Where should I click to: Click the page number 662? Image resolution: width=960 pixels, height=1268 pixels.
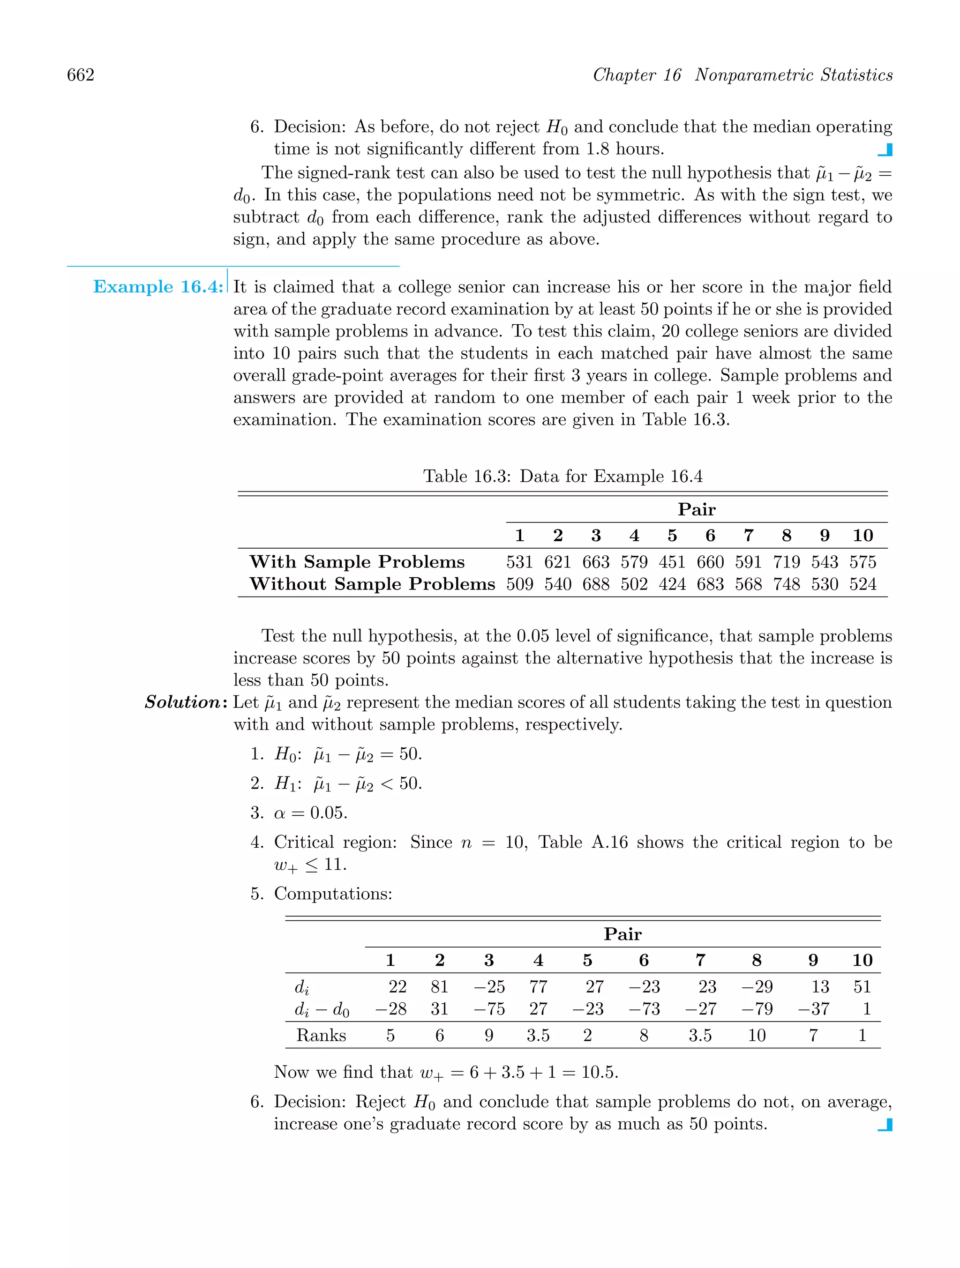click(80, 75)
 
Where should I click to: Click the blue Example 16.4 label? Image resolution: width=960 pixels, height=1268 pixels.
click(157, 287)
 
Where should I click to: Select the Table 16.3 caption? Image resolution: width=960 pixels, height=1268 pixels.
click(562, 477)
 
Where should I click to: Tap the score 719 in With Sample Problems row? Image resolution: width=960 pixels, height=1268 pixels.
click(786, 562)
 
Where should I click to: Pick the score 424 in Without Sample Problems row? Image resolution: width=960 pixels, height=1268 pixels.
click(672, 584)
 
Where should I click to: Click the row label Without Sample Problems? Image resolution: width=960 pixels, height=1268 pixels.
click(372, 584)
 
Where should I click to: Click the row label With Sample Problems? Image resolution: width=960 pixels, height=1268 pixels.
click(357, 562)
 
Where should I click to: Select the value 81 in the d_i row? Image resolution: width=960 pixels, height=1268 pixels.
click(439, 986)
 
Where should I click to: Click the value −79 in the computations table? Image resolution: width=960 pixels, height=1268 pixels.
click(757, 1009)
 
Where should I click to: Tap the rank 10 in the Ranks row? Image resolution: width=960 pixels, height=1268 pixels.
click(757, 1035)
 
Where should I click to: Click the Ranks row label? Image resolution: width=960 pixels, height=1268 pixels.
click(321, 1035)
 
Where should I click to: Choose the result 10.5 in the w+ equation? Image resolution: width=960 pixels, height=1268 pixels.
click(599, 1073)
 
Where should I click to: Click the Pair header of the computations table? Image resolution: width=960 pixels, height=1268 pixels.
click(622, 934)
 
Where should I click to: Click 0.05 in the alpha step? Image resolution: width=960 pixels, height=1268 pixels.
click(328, 813)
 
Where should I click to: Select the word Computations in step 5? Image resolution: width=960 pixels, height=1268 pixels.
click(333, 894)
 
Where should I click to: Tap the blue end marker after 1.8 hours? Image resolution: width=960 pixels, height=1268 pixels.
click(885, 150)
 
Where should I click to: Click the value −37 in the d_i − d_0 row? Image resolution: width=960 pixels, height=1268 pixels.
click(813, 1009)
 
